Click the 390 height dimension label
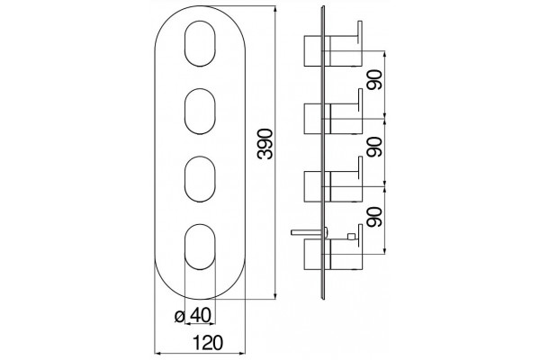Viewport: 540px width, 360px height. [x=265, y=144]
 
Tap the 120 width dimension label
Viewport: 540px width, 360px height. [x=208, y=343]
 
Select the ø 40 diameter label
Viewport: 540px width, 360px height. [x=193, y=316]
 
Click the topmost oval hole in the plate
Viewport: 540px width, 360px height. [x=200, y=43]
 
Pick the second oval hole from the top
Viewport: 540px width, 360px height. [x=200, y=112]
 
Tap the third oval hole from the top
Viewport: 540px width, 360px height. [x=200, y=179]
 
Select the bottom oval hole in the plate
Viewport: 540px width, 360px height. [x=200, y=247]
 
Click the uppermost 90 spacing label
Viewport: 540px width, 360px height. [x=374, y=80]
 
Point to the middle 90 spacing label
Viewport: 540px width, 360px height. [x=374, y=147]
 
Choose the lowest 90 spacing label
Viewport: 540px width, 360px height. [x=374, y=216]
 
